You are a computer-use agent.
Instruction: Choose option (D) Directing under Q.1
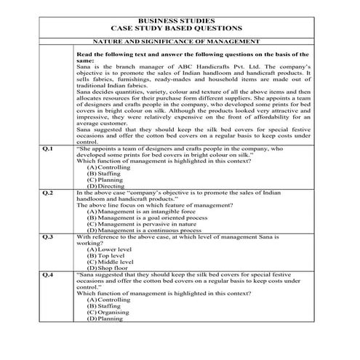pos(105,186)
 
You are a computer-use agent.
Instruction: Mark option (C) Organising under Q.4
pos(108,312)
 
